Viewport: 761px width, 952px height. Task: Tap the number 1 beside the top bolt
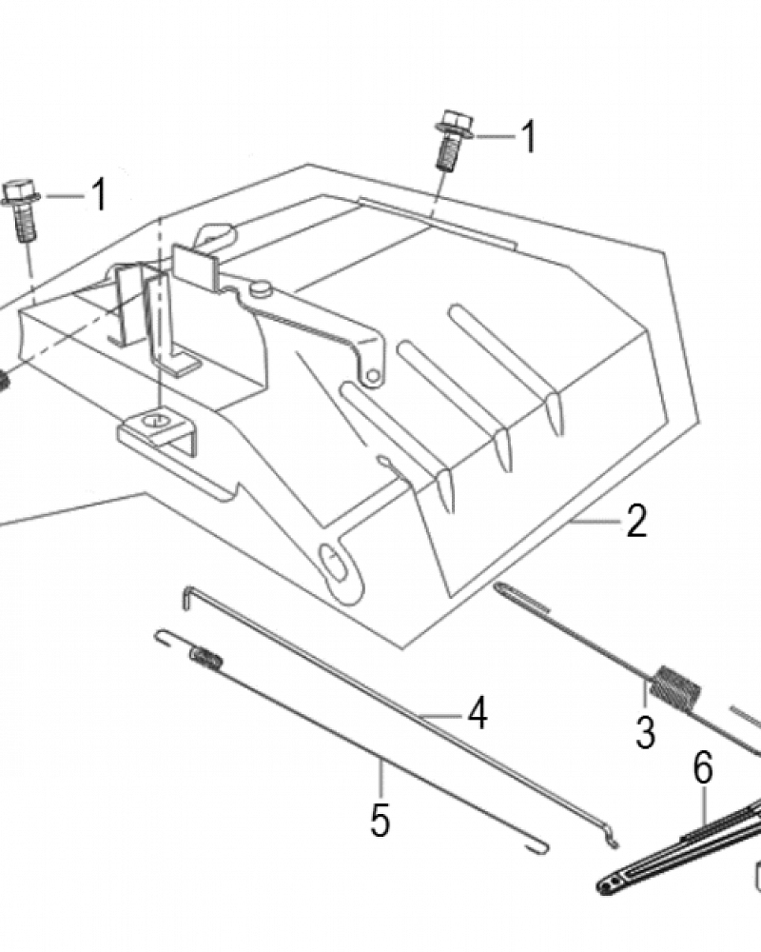[529, 136]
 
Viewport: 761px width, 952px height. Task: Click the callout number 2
[636, 521]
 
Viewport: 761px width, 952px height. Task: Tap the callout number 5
[380, 821]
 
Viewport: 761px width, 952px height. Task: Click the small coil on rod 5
[207, 657]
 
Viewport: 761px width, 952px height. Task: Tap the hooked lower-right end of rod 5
[537, 847]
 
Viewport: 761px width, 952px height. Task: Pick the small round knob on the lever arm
[261, 289]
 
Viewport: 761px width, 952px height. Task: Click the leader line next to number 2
[597, 522]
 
